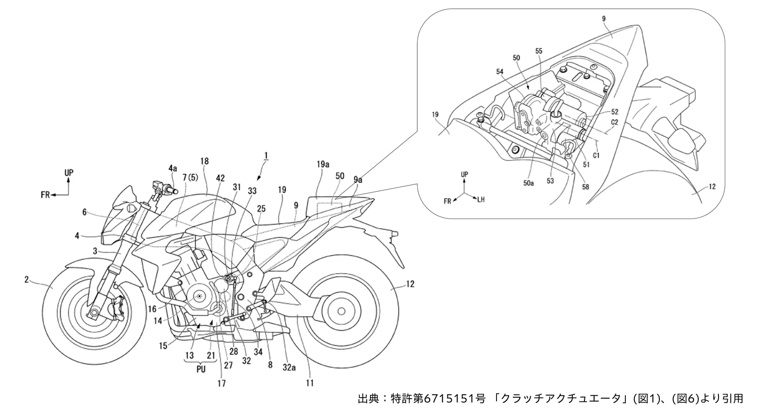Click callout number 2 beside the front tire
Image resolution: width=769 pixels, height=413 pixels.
(x=26, y=280)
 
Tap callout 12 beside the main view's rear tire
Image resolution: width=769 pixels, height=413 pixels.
(x=410, y=284)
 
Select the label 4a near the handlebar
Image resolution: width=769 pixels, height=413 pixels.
(x=173, y=168)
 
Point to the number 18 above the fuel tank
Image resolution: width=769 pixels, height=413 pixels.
(x=204, y=161)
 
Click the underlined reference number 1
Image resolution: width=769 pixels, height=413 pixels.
(x=266, y=156)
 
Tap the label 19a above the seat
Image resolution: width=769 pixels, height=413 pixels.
(x=322, y=165)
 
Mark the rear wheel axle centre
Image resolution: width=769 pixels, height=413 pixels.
(x=341, y=311)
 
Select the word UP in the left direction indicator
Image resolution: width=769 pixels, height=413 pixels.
(x=69, y=173)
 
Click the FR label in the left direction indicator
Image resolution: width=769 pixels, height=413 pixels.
(x=45, y=195)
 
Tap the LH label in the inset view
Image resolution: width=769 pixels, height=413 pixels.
(x=481, y=200)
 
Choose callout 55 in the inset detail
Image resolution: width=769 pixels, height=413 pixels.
(x=539, y=51)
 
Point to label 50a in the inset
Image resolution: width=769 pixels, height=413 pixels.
(x=528, y=183)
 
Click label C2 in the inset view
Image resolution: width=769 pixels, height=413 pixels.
(x=615, y=122)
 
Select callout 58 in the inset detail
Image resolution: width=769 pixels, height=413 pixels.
(x=585, y=187)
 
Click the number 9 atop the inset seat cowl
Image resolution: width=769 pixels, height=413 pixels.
(x=604, y=19)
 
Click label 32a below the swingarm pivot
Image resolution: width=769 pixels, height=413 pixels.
(x=289, y=367)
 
